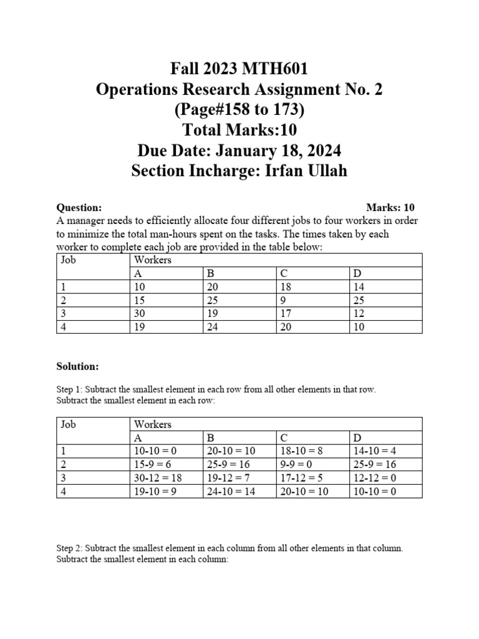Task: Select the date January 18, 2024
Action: point(276,150)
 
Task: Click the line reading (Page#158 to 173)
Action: point(239,109)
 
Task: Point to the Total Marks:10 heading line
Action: point(239,130)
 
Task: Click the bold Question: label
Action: point(79,208)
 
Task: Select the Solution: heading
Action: point(78,366)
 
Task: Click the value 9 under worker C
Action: point(284,300)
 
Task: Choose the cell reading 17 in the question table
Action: point(286,313)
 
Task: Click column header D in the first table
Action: point(357,273)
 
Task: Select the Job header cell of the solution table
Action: point(68,424)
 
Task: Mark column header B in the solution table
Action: point(210,438)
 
